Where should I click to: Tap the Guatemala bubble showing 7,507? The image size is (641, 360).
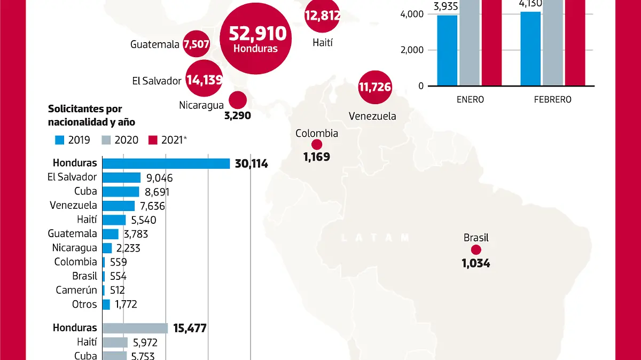(196, 45)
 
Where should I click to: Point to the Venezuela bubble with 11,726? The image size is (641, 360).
(375, 87)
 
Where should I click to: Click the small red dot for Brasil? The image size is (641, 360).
(476, 250)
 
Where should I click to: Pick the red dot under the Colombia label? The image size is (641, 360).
(317, 144)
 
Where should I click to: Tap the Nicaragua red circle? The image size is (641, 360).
(237, 100)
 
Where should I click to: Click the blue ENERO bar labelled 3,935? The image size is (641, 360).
(447, 50)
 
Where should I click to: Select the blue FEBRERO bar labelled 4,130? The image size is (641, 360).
(530, 49)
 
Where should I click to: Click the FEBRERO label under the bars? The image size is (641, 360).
(552, 99)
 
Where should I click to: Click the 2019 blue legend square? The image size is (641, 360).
(59, 140)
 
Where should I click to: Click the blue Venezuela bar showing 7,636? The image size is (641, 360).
(119, 206)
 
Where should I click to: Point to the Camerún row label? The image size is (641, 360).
(76, 290)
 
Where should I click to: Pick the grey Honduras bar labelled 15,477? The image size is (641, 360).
(135, 328)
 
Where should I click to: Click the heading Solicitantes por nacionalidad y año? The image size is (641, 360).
(91, 115)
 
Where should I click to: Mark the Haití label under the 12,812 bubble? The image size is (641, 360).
(323, 42)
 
